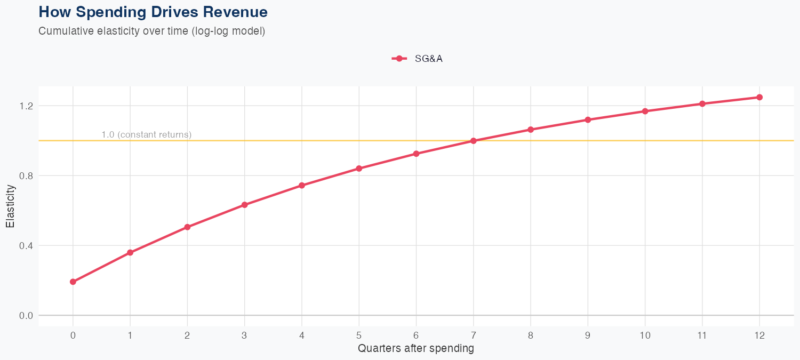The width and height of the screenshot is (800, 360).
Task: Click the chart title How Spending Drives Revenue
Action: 153,12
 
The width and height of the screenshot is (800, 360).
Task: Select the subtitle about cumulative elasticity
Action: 151,31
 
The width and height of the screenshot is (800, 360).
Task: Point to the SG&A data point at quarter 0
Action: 73,282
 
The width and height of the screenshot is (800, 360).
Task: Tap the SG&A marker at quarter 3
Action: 245,205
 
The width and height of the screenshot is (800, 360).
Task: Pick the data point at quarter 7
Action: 474,141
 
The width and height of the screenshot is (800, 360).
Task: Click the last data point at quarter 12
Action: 759,97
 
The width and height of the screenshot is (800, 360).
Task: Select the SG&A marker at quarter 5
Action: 359,169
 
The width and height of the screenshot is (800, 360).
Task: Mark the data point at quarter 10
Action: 645,111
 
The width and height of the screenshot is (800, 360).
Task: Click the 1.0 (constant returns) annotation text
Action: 146,134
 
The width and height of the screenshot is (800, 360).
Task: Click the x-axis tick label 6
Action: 416,335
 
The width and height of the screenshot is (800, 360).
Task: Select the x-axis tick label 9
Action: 588,335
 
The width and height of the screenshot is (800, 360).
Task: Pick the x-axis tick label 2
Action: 187,335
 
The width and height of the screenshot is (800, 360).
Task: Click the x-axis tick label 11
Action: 702,335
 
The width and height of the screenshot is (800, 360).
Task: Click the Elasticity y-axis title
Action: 10,206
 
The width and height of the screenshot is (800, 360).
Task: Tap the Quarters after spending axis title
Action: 416,349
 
